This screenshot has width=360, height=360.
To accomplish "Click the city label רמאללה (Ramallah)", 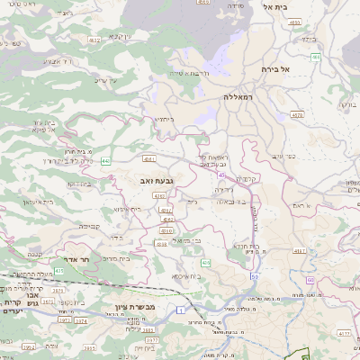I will (x=244, y=94).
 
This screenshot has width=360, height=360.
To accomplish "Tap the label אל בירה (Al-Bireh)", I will (x=273, y=68).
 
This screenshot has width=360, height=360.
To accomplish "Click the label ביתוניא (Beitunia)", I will (x=164, y=119).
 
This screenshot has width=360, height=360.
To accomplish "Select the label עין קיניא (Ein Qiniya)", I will (x=121, y=36).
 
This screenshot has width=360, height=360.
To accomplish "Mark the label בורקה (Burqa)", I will (x=346, y=105).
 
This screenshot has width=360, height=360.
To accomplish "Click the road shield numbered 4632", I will (x=94, y=40).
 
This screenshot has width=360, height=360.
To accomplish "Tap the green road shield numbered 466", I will (x=316, y=57).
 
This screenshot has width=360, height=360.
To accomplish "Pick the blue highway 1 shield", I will (x=180, y=310).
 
